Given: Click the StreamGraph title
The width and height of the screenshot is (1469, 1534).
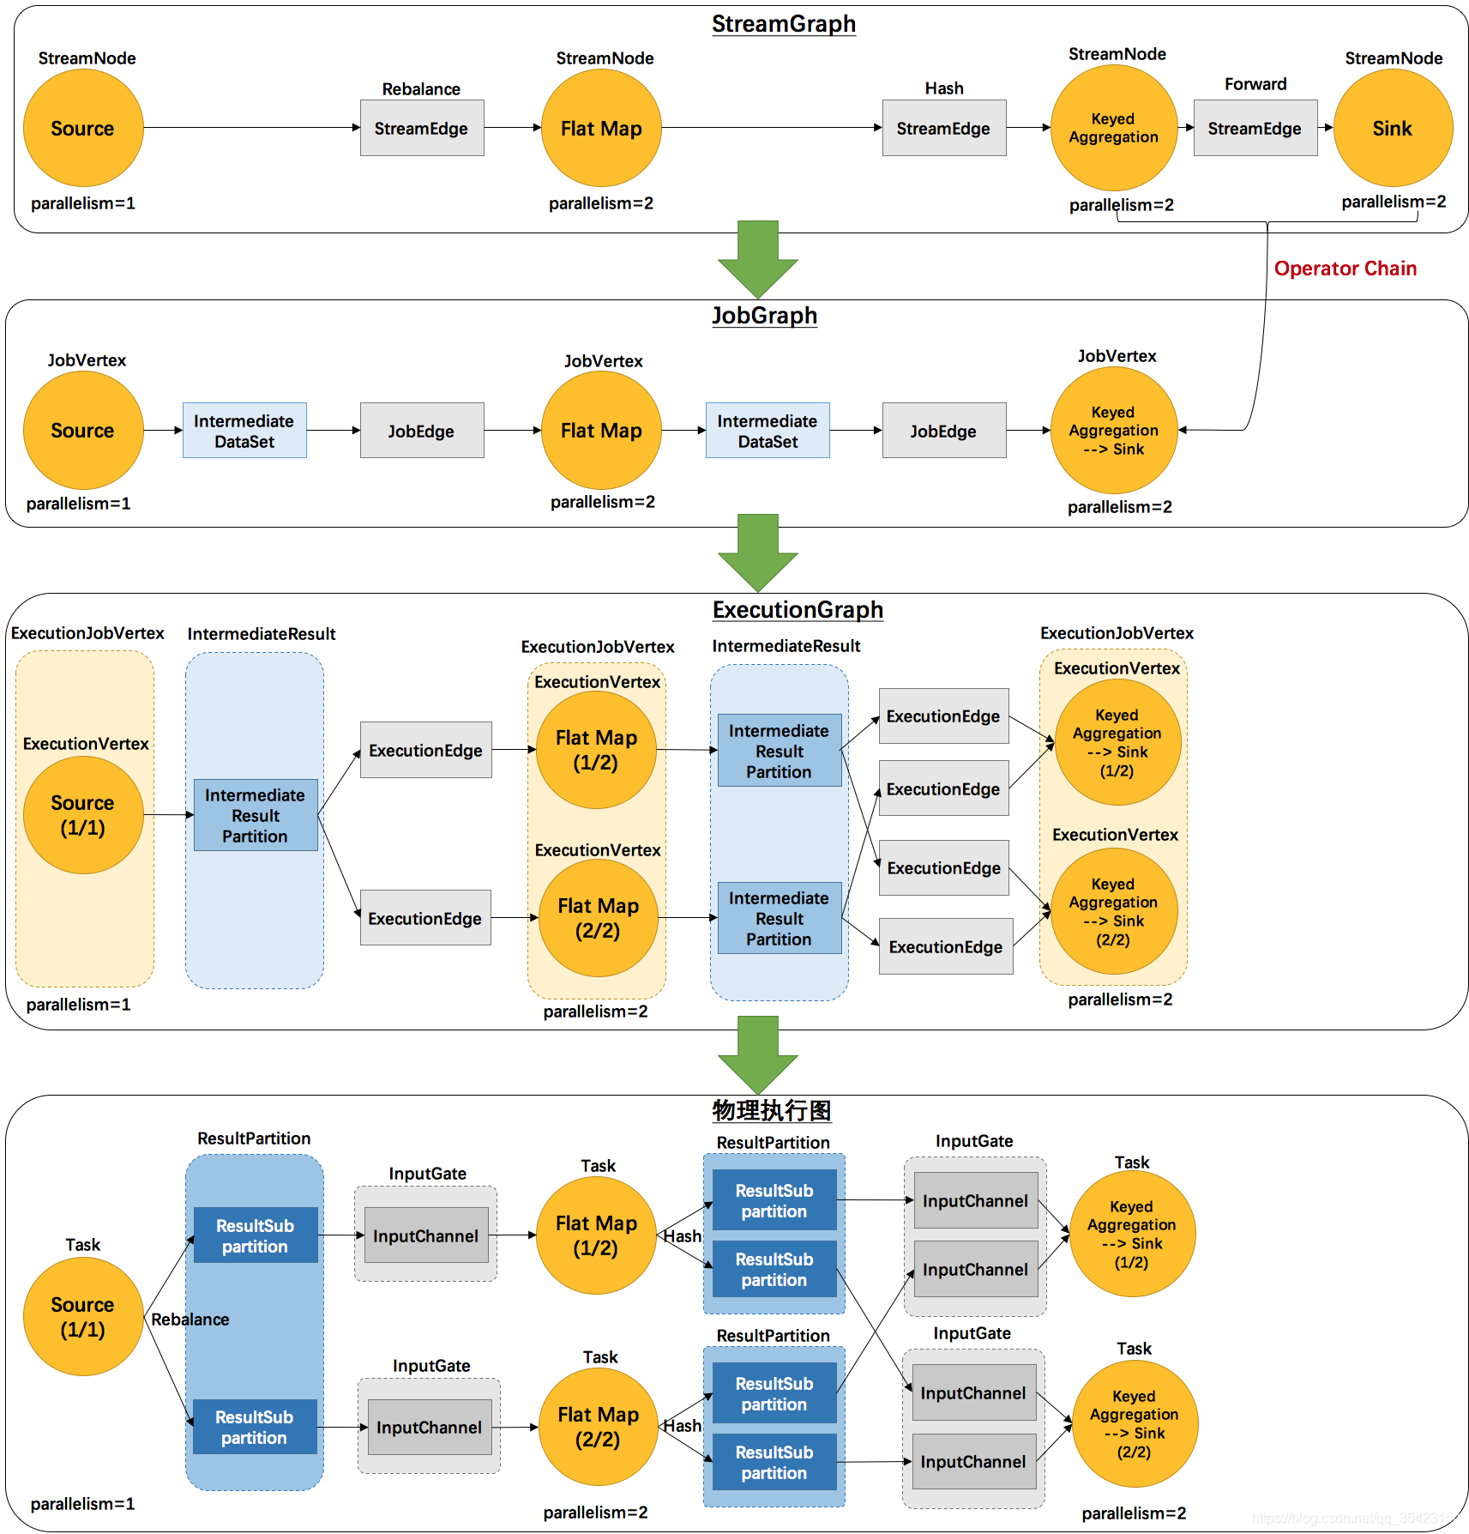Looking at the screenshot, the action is pyautogui.click(x=784, y=24).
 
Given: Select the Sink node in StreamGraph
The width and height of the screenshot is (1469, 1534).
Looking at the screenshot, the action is pyautogui.click(x=1393, y=128).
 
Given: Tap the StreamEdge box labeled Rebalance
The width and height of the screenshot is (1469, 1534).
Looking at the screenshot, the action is pyautogui.click(x=422, y=128).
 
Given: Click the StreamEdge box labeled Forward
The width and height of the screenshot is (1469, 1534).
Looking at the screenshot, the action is pyautogui.click(x=1255, y=128).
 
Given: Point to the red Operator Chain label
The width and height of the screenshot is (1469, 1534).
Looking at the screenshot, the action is pyautogui.click(x=1345, y=269).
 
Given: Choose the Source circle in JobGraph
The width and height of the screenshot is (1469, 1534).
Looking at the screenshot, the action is pyautogui.click(x=83, y=430).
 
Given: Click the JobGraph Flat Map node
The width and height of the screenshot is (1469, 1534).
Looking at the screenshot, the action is pyautogui.click(x=601, y=430).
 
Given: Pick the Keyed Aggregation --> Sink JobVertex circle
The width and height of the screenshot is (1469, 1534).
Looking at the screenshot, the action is pyautogui.click(x=1114, y=430).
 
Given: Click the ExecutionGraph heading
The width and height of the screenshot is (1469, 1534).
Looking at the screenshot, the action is pyautogui.click(x=798, y=610).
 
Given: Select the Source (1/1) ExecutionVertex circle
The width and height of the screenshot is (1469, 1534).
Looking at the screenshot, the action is pyautogui.click(x=83, y=815).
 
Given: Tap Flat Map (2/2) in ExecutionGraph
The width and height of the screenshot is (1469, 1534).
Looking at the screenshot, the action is pyautogui.click(x=598, y=918).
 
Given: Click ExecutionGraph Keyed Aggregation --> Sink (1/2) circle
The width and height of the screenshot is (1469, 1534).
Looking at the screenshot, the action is pyautogui.click(x=1117, y=742).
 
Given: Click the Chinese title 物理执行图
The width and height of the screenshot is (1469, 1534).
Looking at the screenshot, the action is pyautogui.click(x=772, y=1110).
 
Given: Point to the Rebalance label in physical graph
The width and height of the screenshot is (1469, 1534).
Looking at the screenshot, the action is pyautogui.click(x=190, y=1320).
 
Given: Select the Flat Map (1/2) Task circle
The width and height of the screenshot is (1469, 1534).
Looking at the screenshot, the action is pyautogui.click(x=596, y=1235).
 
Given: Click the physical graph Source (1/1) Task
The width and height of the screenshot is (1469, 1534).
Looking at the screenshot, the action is pyautogui.click(x=83, y=1317).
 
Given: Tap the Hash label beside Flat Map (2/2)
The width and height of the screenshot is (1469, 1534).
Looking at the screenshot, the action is pyautogui.click(x=683, y=1425).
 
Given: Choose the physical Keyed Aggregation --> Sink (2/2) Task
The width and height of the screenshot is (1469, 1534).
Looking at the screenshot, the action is pyautogui.click(x=1135, y=1424).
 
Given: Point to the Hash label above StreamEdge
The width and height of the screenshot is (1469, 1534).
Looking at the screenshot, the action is pyautogui.click(x=944, y=88).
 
